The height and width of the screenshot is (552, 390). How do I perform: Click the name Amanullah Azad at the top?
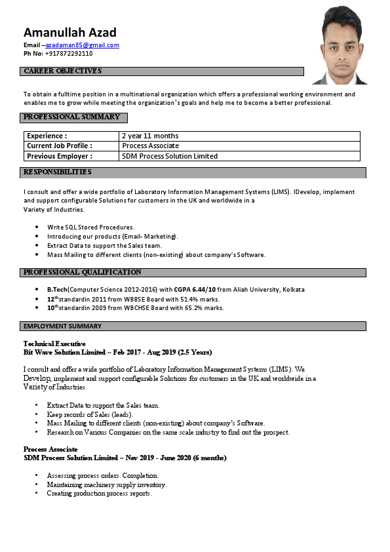pyautogui.click(x=70, y=32)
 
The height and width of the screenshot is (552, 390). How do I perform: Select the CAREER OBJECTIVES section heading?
pyautogui.click(x=62, y=71)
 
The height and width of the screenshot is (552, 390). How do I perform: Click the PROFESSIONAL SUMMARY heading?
pyautogui.click(x=71, y=117)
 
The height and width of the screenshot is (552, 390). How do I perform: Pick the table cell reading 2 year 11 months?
pyautogui.click(x=150, y=136)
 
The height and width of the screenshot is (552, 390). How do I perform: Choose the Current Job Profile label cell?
pyautogui.click(x=60, y=146)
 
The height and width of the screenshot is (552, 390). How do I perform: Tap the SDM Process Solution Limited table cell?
pyautogui.click(x=170, y=156)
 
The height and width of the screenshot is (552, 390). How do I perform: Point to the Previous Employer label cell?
pyautogui.click(x=60, y=156)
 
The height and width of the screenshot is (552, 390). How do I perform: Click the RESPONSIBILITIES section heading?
pyautogui.click(x=57, y=172)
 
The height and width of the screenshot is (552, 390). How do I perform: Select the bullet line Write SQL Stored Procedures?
pyautogui.click(x=90, y=227)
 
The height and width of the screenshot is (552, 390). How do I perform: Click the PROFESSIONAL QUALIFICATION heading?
pyautogui.click(x=82, y=272)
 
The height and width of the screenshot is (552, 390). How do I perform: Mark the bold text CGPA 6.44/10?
pyautogui.click(x=195, y=289)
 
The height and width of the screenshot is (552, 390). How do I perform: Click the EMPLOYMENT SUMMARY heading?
pyautogui.click(x=62, y=326)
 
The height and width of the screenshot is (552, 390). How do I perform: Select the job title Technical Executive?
pyautogui.click(x=54, y=344)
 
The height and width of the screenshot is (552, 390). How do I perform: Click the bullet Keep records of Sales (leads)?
pyautogui.click(x=90, y=414)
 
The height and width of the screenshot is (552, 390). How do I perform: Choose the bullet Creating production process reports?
pyautogui.click(x=99, y=493)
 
